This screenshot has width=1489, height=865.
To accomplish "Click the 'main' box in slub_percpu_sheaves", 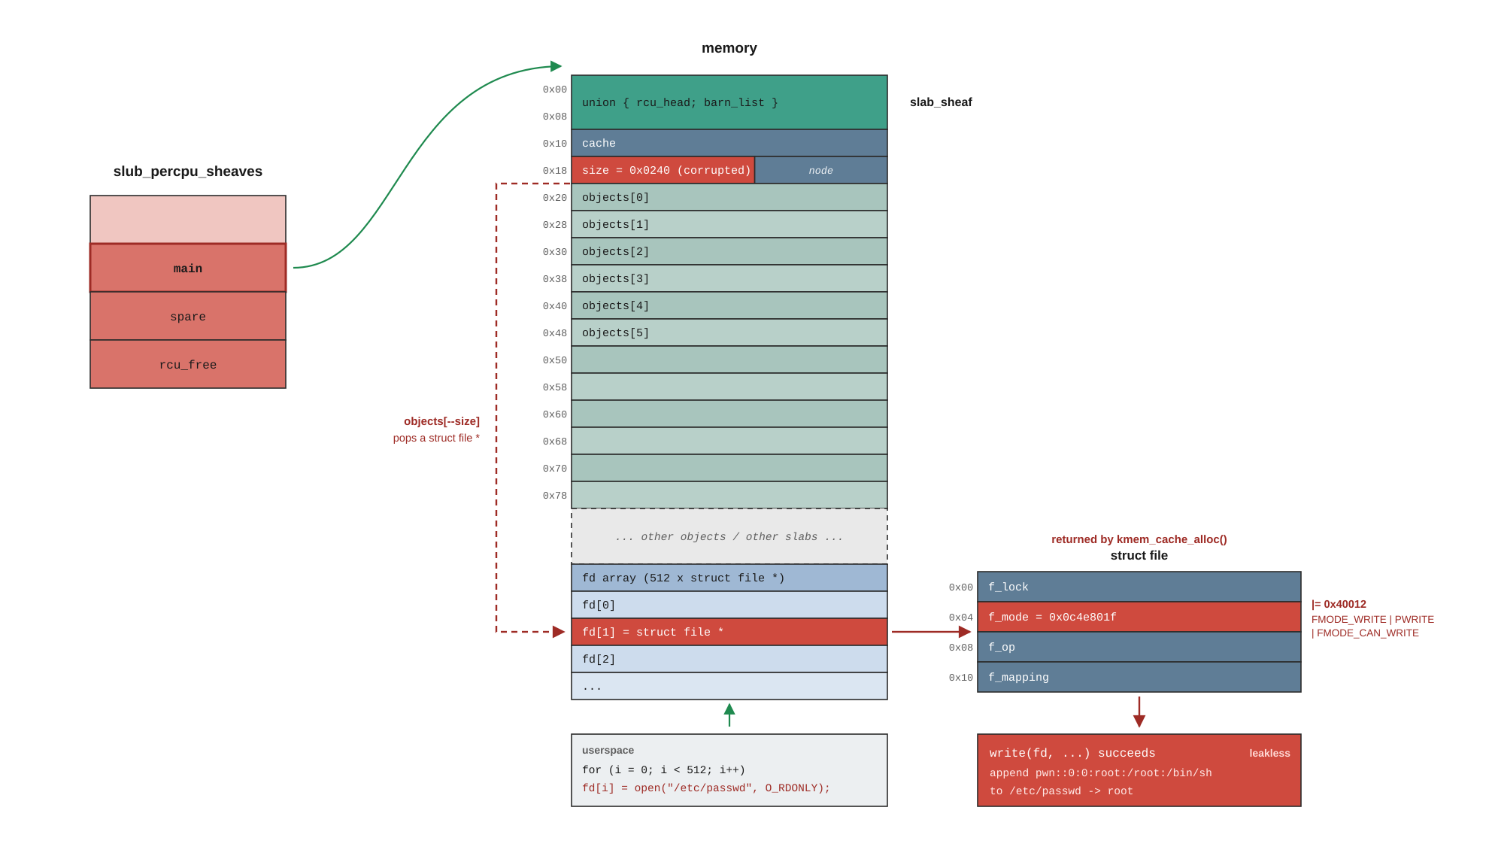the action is pos(188,268).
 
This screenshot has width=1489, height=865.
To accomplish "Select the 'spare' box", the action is pos(188,316).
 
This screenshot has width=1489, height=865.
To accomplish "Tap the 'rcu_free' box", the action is pos(188,364).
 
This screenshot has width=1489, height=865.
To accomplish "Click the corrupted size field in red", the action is pos(663,170).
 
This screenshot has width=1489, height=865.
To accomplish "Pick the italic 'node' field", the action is pos(821,170).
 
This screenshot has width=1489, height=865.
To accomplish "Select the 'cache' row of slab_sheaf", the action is pos(729,143).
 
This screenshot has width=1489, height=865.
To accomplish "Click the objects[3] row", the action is pos(729,278).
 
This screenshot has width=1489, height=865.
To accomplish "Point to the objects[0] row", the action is pos(729,197).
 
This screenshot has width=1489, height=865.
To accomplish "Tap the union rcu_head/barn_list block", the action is pos(729,102).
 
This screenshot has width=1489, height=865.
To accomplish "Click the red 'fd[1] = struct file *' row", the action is pos(729,632).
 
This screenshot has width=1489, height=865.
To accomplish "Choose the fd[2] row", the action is pos(729,659).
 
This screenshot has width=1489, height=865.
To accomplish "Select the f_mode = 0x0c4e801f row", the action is pos(1139,617).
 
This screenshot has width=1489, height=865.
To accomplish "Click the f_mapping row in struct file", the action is pos(1139,677).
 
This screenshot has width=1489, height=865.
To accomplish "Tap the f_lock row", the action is pos(1139,587).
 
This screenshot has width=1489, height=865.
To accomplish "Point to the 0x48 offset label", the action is pos(555,333).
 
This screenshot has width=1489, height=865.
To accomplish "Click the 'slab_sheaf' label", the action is pos(941,102).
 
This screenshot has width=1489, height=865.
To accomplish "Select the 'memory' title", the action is pos(729,48).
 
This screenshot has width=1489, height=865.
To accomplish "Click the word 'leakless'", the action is pos(1269,753).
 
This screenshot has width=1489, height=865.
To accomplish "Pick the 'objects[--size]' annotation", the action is pos(441,421).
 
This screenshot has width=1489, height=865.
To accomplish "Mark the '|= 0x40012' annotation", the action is pos(1339,604).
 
